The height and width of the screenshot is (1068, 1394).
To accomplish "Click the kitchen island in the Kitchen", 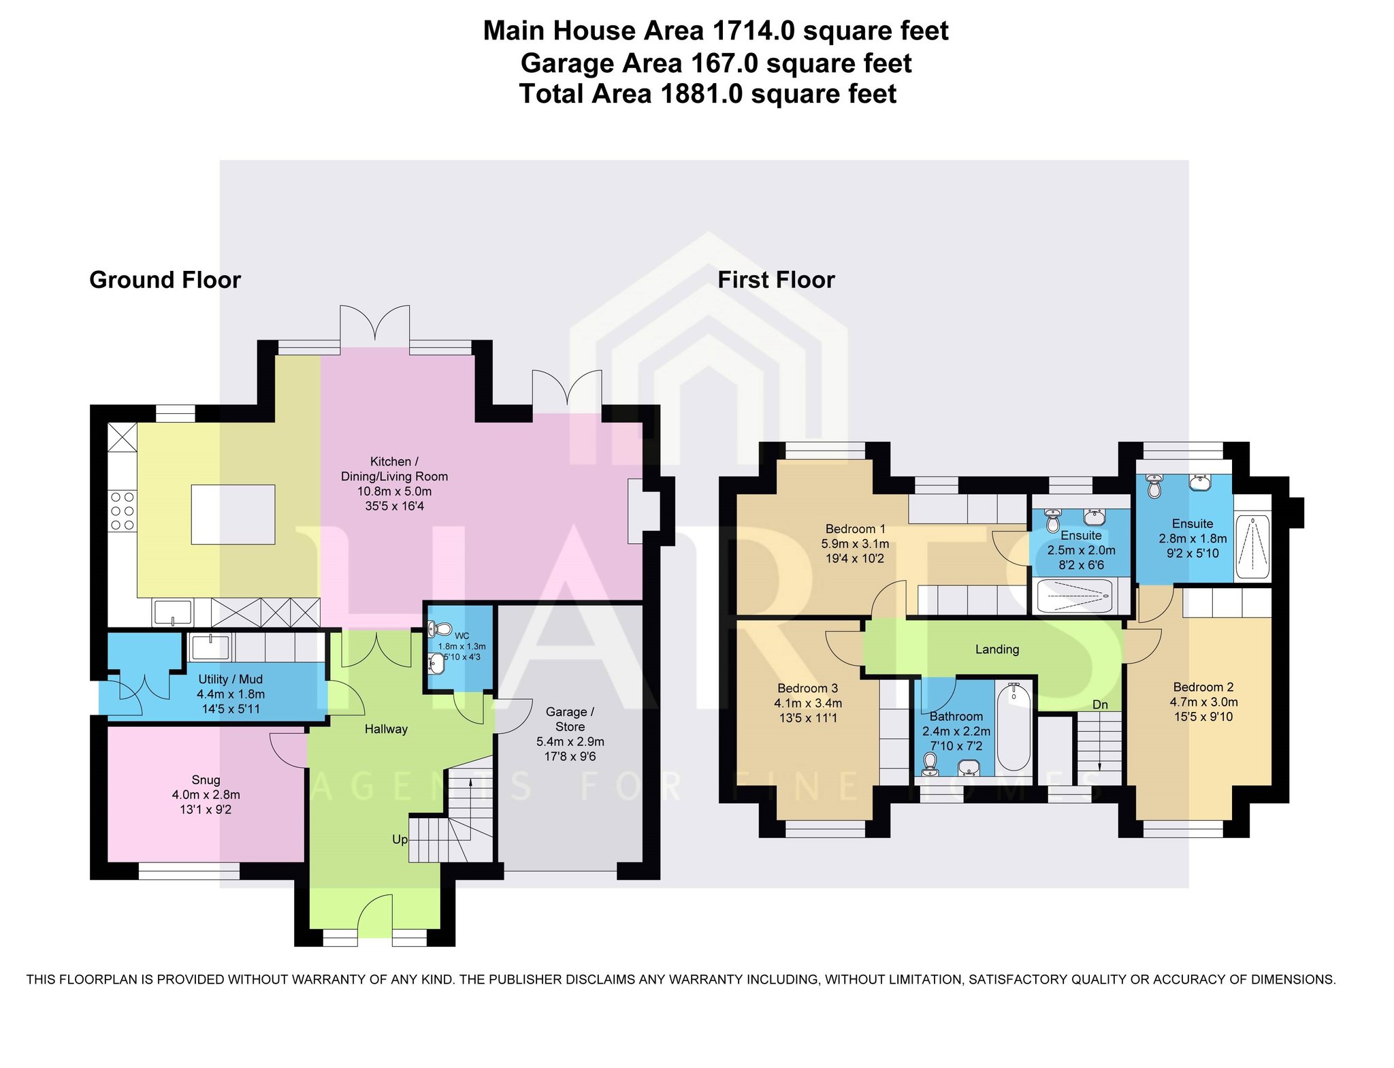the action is [233, 514].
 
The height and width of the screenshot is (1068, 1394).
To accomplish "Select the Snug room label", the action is [206, 779].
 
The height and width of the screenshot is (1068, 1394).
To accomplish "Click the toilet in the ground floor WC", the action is [440, 629].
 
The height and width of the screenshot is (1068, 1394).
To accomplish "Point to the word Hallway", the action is [386, 729].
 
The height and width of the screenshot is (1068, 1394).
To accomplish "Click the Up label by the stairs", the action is [400, 839].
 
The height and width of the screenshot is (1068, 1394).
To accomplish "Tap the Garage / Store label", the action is [570, 719].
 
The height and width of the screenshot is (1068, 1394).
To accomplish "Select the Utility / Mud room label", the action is [230, 679].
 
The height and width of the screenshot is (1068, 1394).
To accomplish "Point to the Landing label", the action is [997, 649].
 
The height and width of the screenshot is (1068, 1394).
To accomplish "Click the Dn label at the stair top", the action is [1100, 705].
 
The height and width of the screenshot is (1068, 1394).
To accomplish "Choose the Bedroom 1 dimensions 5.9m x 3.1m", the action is [855, 544].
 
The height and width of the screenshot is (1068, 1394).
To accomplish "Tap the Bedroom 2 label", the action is [1203, 687].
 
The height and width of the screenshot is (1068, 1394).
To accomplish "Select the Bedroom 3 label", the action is [808, 688].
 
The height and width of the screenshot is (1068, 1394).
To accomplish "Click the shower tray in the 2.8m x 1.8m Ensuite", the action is [1252, 547].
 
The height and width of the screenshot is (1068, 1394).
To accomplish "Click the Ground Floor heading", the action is [165, 280].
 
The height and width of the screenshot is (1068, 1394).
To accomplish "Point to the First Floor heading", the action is [776, 280].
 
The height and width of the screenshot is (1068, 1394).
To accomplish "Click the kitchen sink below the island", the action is [172, 612].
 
